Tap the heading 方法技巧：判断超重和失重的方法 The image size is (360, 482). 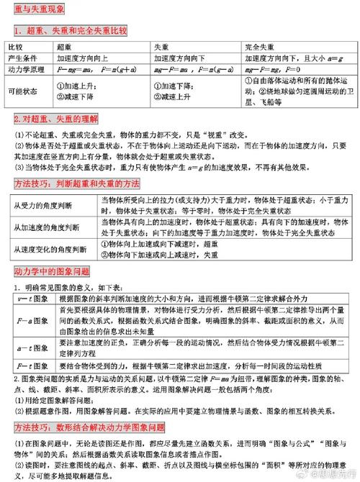point(76,184)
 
